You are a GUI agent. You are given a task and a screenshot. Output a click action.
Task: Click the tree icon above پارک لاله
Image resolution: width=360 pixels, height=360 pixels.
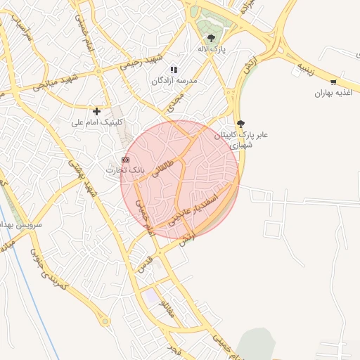[211, 38]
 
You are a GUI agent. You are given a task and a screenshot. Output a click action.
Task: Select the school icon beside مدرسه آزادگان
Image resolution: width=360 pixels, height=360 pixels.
[174, 70]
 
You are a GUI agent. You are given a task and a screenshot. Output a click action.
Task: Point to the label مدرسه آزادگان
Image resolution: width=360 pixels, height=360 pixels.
[172, 82]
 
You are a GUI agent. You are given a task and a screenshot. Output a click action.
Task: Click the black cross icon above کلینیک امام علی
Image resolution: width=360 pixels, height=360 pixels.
[97, 110]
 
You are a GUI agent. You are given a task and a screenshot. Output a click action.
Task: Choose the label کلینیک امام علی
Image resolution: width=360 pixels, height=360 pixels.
[97, 122]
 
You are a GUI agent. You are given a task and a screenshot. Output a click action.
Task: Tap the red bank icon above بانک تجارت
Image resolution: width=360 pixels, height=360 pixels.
[125, 160]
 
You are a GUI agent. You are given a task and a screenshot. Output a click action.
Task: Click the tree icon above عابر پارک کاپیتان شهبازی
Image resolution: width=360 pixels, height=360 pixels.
[241, 123]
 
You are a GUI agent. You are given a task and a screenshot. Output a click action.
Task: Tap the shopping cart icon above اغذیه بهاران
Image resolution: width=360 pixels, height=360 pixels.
[333, 82]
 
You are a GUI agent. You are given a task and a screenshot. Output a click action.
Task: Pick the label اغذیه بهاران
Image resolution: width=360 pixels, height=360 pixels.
[332, 93]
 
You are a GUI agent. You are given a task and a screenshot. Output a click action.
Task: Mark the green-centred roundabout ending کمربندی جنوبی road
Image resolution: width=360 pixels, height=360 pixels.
[105, 321]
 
